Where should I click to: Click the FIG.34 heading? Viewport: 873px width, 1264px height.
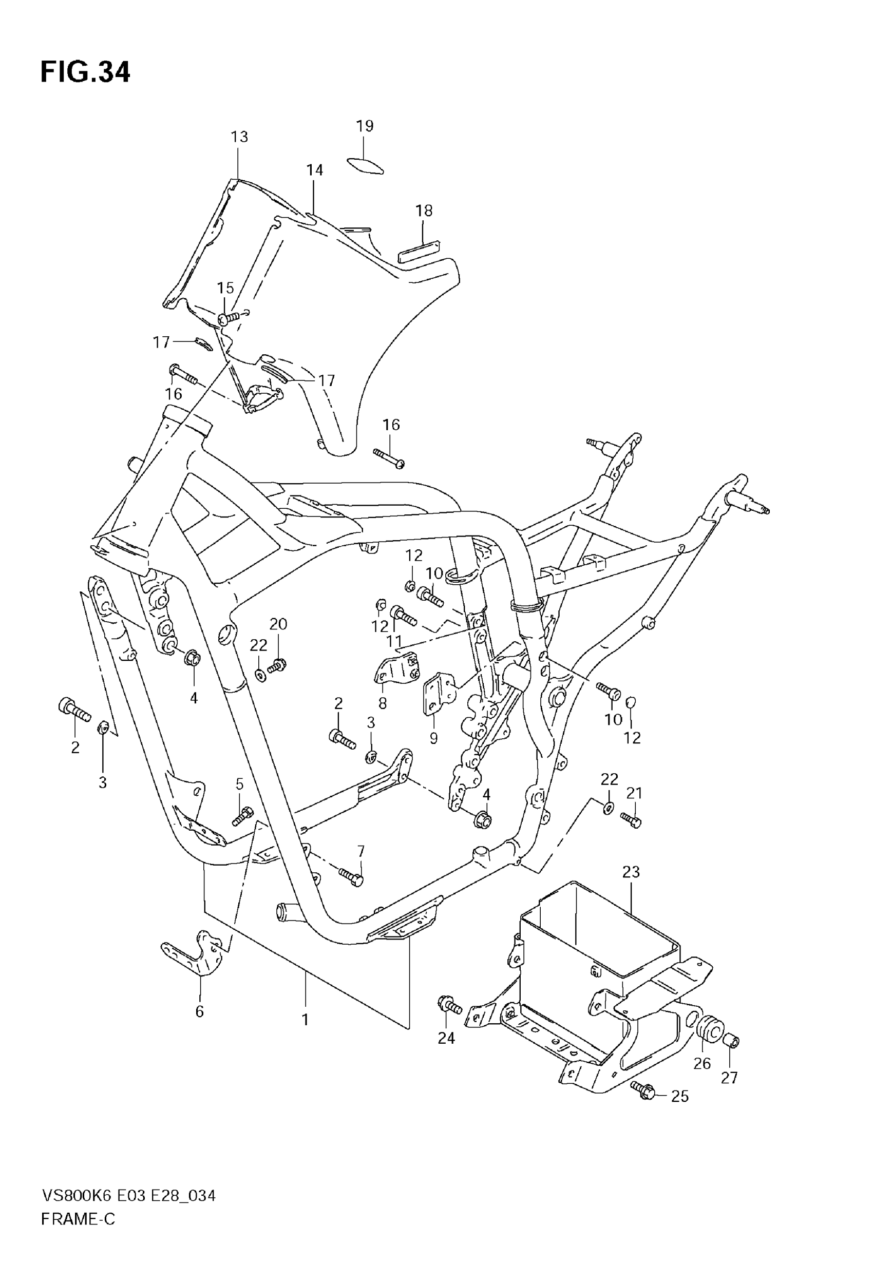(85, 72)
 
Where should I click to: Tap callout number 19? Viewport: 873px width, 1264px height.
(365, 126)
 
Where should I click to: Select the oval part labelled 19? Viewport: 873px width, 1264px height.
(365, 165)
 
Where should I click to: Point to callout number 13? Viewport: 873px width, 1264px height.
(239, 137)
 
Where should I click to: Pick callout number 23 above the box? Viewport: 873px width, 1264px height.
(631, 872)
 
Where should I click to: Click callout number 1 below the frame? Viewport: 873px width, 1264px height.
(305, 1019)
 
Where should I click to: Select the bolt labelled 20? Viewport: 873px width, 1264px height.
(277, 666)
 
